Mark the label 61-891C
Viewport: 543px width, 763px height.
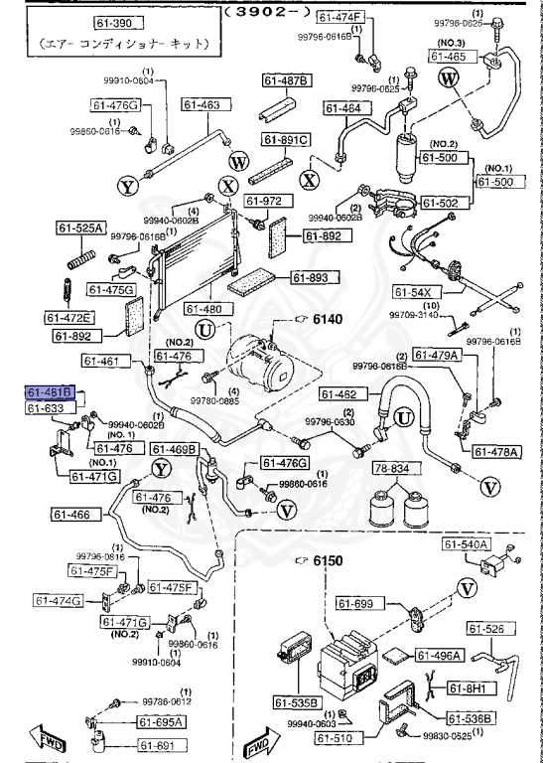coord(286,140)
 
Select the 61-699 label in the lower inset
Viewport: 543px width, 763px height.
coord(358,603)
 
